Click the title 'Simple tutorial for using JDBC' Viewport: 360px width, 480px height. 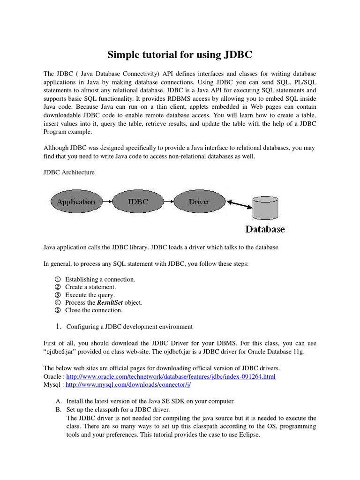180,55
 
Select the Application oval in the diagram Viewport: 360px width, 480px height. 76,202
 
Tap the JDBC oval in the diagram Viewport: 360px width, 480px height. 138,202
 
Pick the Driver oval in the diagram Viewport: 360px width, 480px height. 199,202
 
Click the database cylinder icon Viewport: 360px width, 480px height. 265,205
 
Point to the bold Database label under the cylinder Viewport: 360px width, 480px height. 265,229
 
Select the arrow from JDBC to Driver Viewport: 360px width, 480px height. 168,202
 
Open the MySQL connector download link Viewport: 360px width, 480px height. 128,384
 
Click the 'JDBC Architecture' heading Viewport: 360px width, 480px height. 69,172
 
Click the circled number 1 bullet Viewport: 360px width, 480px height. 58,279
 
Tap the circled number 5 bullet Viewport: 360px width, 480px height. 58,310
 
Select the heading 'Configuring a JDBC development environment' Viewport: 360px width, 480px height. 129,326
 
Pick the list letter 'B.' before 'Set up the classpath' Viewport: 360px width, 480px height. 59,410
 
